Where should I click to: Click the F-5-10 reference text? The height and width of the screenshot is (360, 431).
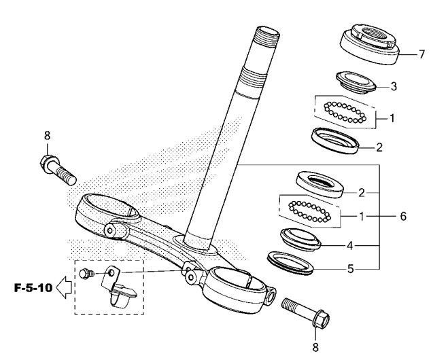click(33, 288)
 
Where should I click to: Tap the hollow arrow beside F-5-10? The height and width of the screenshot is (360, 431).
click(64, 287)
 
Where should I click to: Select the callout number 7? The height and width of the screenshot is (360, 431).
click(422, 54)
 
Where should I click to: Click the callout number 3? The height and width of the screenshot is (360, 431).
click(394, 87)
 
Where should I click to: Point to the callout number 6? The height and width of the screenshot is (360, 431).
click(403, 217)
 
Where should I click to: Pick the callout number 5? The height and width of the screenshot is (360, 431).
click(351, 269)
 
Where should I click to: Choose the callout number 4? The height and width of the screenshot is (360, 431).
click(349, 245)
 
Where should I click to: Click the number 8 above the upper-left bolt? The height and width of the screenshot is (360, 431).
click(48, 136)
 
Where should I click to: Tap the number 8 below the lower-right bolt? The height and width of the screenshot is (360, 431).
click(315, 347)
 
